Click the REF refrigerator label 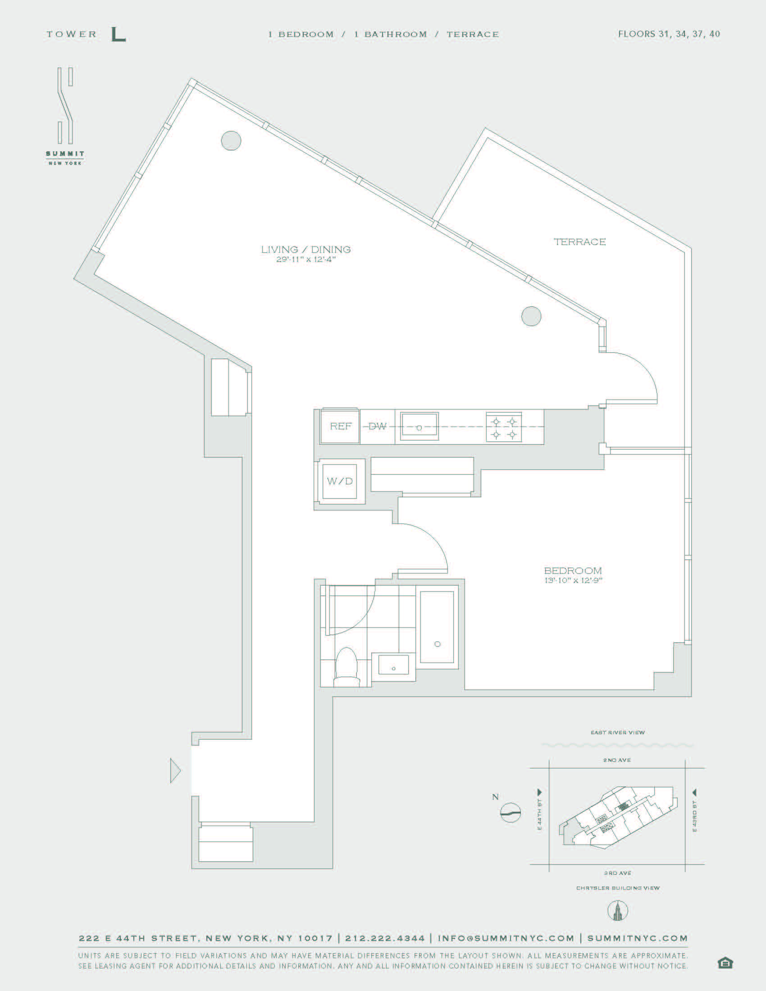click(341, 426)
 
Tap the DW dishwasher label click(377, 426)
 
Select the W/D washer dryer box click(340, 481)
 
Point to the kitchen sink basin click(419, 426)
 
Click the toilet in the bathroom click(346, 667)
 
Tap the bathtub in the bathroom click(437, 627)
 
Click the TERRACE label click(580, 242)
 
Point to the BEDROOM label click(573, 570)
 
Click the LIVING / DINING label click(306, 249)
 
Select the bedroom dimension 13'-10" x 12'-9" click(573, 580)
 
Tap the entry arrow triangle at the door click(175, 770)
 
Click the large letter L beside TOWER click(118, 35)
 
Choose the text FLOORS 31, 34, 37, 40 click(669, 34)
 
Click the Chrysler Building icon click(618, 911)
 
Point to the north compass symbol click(510, 812)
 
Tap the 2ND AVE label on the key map click(617, 760)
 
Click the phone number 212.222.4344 click(385, 938)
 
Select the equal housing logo click(725, 964)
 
